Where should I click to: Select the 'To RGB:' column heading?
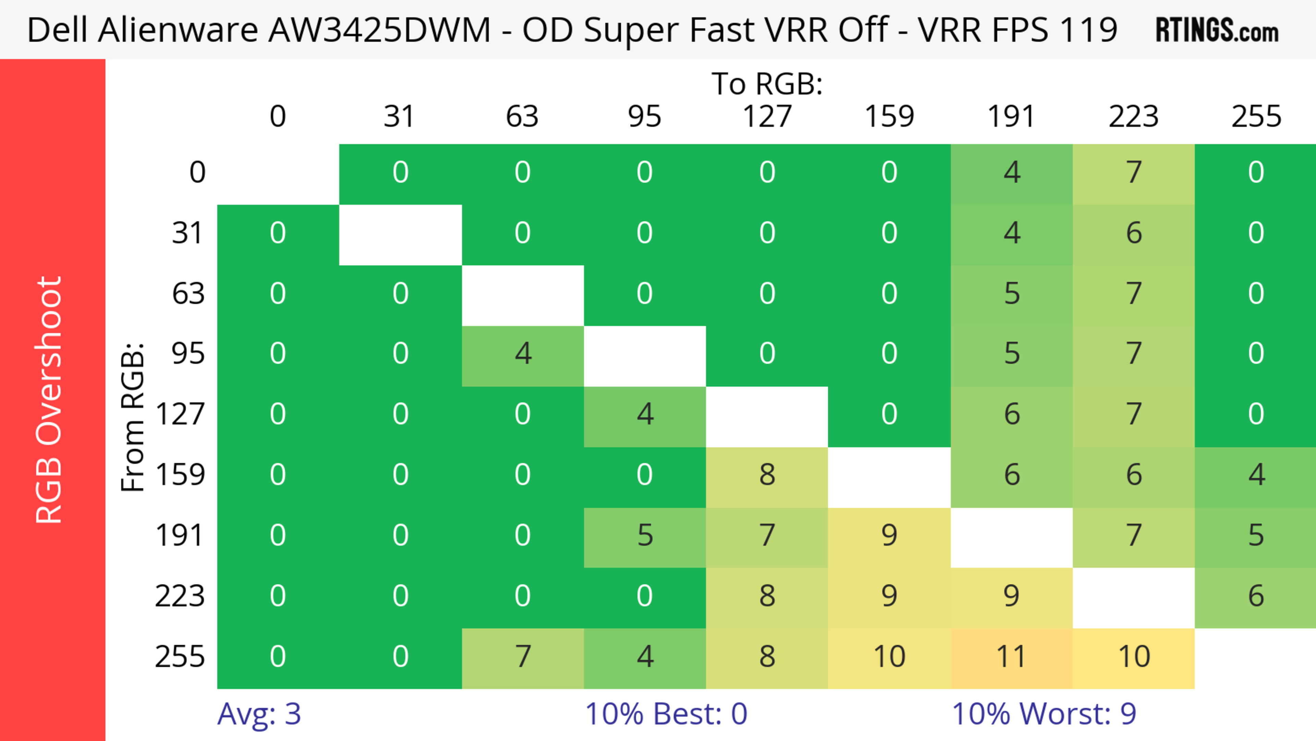[x=767, y=84]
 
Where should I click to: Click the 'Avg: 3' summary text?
[x=259, y=714]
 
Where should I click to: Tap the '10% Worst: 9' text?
[x=1044, y=714]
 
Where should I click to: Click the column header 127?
[x=767, y=117]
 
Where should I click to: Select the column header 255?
[x=1256, y=117]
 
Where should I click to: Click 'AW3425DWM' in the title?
[x=380, y=29]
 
